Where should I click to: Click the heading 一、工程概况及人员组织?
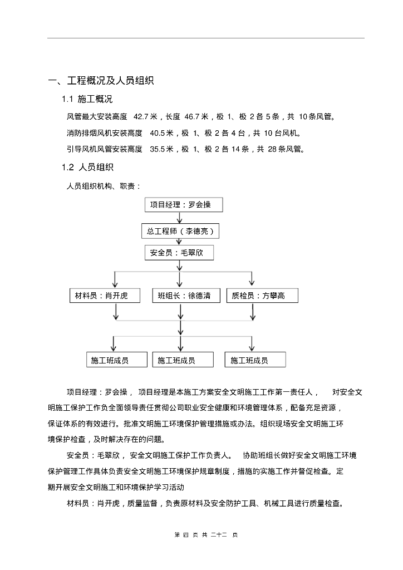point(101,81)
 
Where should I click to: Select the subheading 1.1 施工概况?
point(87,100)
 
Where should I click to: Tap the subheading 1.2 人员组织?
point(87,167)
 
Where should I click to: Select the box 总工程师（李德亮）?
point(179,230)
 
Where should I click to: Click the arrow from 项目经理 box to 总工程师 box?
point(180,218)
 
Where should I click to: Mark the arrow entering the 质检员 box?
point(252,279)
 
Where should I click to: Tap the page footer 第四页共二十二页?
point(206,535)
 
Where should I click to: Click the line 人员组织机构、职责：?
point(104,186)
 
